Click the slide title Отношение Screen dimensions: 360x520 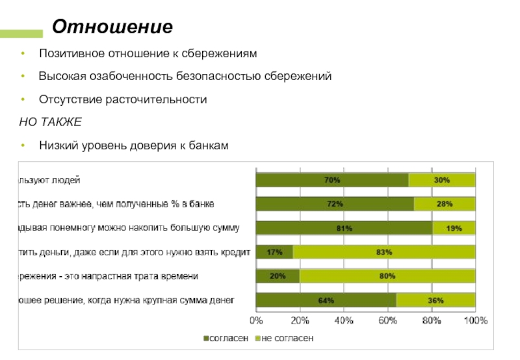112,27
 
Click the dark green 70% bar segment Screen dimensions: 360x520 332,180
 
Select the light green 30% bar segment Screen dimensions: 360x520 442,180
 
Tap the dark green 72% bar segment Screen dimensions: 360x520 335,204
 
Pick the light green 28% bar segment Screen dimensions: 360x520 445,204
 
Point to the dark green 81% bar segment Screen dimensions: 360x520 344,228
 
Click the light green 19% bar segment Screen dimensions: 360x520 454,228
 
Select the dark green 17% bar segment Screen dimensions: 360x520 274,252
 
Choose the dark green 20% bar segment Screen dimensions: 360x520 278,276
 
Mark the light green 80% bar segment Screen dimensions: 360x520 387,276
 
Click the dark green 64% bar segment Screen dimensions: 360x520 326,300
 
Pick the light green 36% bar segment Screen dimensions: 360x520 436,300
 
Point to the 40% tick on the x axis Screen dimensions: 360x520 344,321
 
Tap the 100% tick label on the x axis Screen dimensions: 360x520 475,321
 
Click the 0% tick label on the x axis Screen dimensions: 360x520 256,321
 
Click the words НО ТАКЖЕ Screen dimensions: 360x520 50,122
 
